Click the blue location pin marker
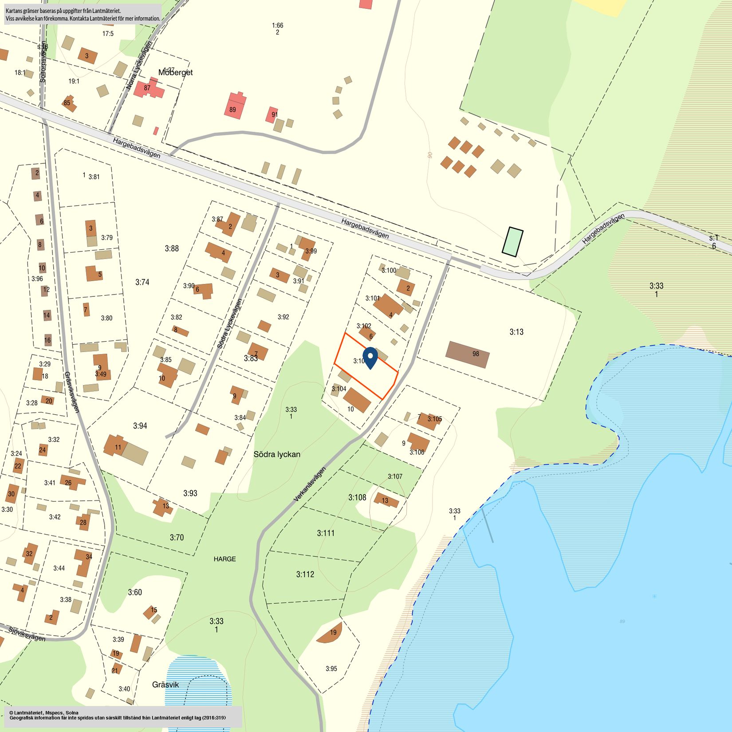click(x=370, y=357)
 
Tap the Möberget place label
click(x=176, y=72)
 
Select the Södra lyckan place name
click(x=277, y=454)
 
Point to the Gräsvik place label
click(x=165, y=685)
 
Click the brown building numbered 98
click(x=468, y=354)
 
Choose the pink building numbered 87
click(x=148, y=89)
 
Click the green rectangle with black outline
click(x=512, y=242)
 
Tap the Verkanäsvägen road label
click(x=310, y=484)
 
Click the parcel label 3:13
click(x=516, y=332)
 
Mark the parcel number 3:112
click(x=305, y=574)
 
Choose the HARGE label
click(x=224, y=559)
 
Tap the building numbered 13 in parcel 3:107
click(x=386, y=500)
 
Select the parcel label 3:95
click(x=331, y=669)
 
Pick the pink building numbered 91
click(x=272, y=114)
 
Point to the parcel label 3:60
click(x=135, y=592)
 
